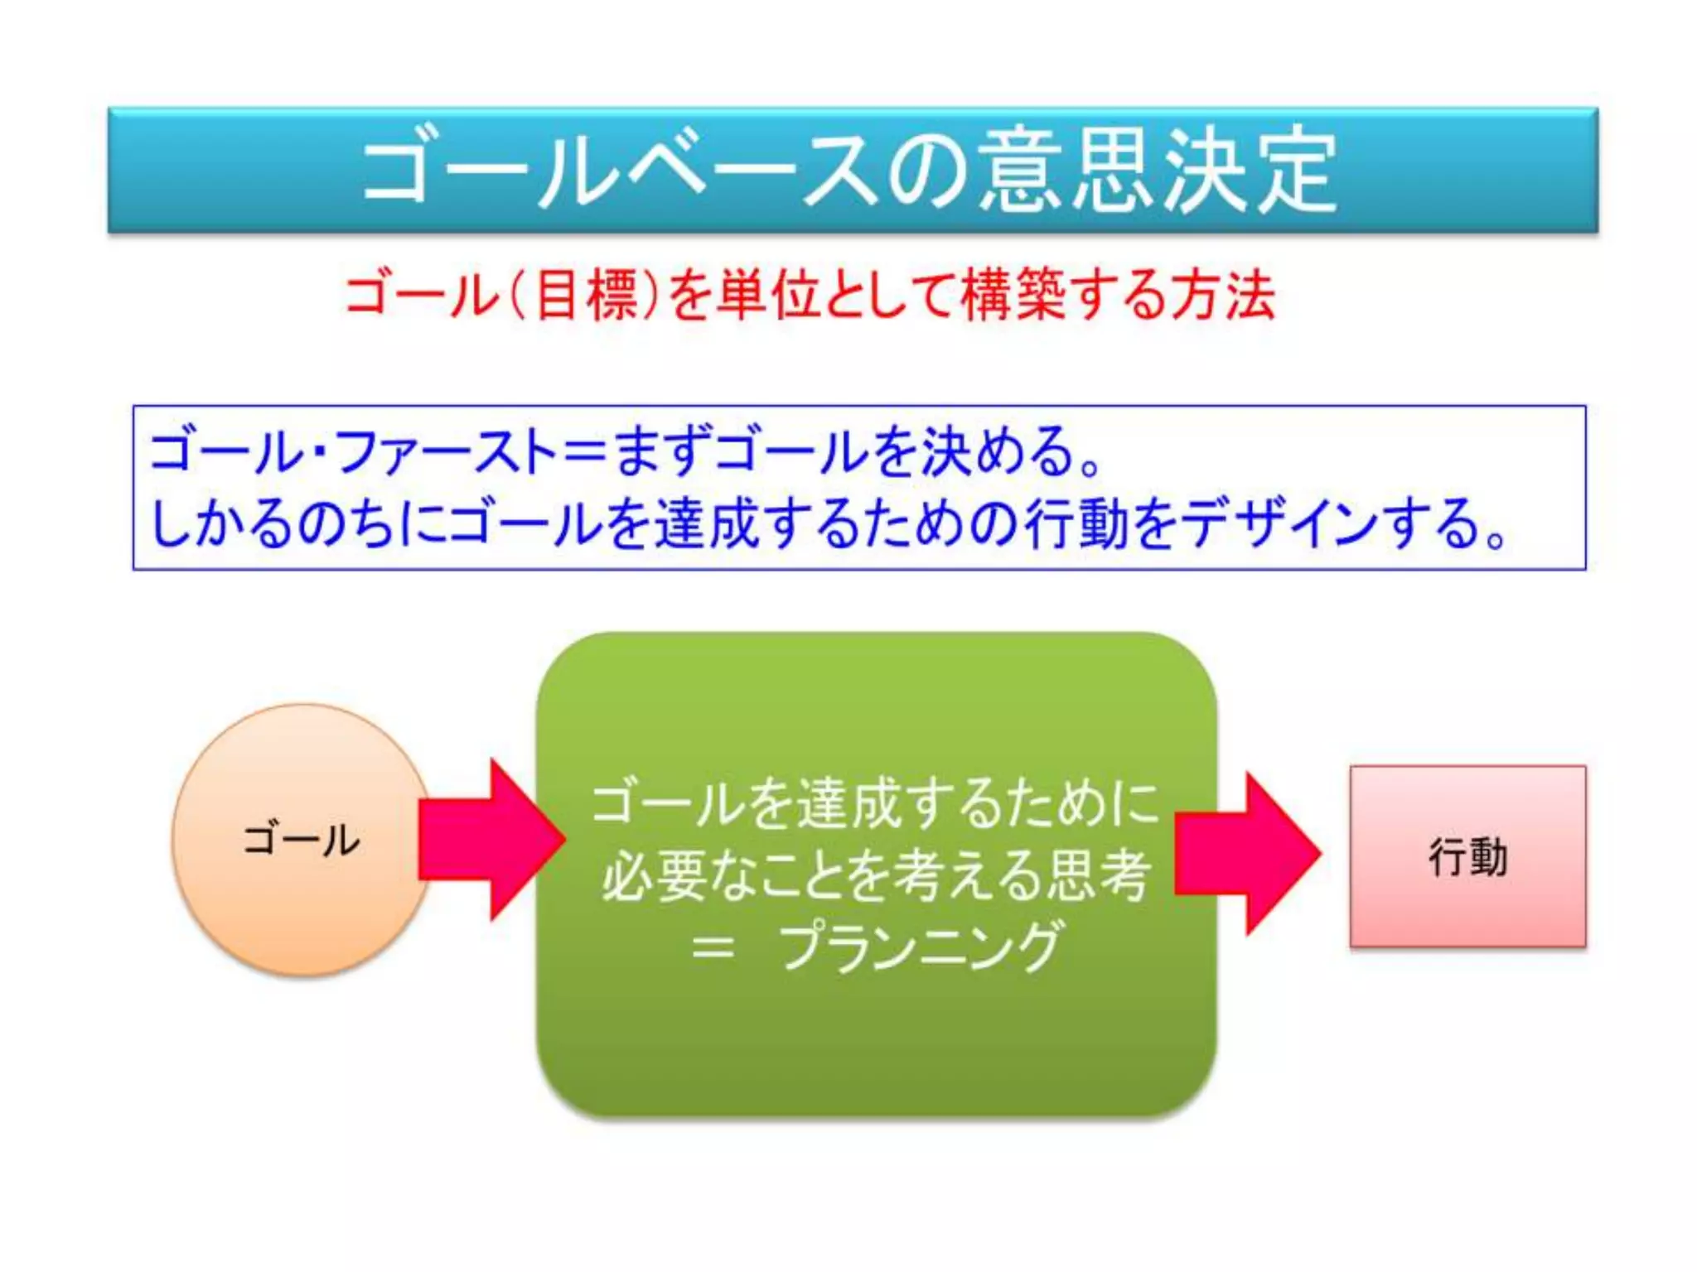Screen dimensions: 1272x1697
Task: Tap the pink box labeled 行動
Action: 1467,856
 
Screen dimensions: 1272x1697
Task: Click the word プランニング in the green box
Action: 921,946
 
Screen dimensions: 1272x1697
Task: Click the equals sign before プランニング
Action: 713,947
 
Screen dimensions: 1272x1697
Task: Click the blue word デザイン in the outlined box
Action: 1281,523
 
